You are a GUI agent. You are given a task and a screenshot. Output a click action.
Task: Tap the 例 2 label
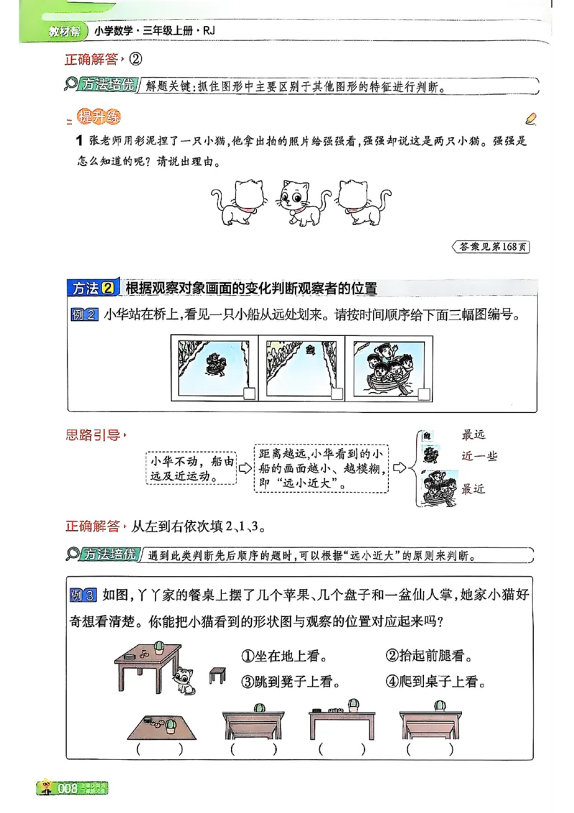(x=85, y=315)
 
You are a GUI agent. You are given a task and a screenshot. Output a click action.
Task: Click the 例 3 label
(x=85, y=595)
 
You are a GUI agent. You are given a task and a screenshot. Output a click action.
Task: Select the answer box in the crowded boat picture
(x=424, y=394)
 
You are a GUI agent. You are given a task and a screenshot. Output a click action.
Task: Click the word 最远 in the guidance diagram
(x=474, y=435)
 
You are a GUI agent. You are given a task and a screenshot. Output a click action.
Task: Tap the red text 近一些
(x=479, y=456)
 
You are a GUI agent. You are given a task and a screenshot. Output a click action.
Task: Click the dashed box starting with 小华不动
(x=191, y=468)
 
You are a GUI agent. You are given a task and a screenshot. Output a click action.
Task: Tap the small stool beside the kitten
(x=217, y=675)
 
